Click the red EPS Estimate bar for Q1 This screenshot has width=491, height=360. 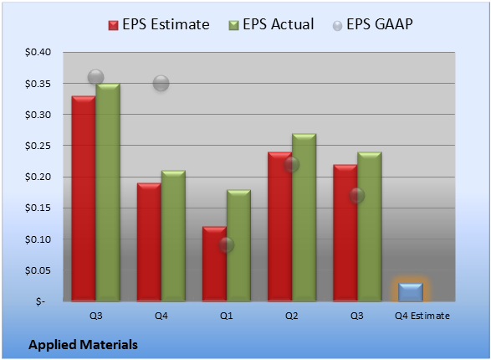click(214, 264)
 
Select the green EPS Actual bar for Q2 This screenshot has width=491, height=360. click(304, 218)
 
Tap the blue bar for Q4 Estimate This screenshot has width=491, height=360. click(411, 292)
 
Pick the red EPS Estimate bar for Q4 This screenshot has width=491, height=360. click(149, 242)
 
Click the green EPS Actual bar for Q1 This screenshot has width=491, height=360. click(238, 245)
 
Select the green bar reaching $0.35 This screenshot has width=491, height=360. click(108, 193)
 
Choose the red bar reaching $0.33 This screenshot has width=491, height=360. click(84, 198)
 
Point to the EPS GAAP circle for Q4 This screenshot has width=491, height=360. click(161, 84)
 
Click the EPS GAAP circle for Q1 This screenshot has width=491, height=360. click(226, 245)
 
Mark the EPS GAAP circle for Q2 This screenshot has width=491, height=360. click(292, 164)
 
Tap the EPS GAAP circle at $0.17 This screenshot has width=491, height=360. click(356, 196)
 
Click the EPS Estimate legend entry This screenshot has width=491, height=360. click(159, 24)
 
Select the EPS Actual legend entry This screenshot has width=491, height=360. click(271, 24)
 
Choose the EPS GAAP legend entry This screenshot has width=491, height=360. click(372, 24)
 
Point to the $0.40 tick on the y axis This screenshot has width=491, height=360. click(38, 52)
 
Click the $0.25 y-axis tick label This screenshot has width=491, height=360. click(38, 146)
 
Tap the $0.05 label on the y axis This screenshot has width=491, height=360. click(38, 270)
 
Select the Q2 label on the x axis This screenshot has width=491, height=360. click(292, 316)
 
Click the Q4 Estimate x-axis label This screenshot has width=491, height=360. click(422, 316)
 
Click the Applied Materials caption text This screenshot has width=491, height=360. click(83, 345)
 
